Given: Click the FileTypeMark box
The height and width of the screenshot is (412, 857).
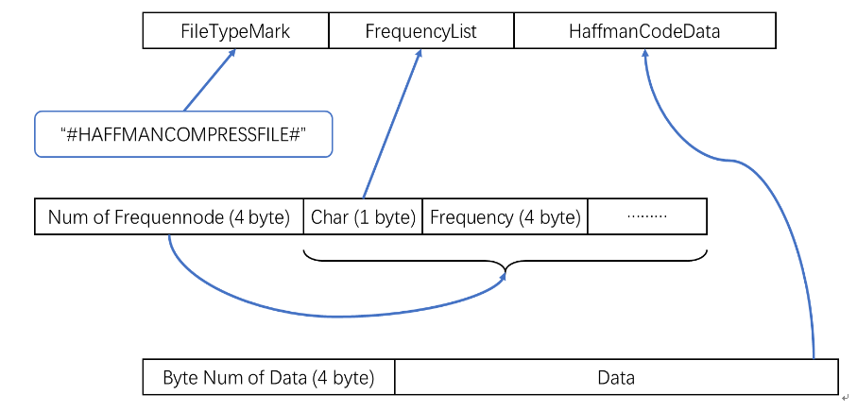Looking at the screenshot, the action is click(235, 31).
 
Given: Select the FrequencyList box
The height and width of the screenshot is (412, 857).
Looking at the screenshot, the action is click(420, 31).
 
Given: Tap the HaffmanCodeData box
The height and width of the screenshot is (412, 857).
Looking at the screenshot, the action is click(645, 31).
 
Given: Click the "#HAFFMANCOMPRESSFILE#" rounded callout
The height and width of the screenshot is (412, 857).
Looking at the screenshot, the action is click(183, 134).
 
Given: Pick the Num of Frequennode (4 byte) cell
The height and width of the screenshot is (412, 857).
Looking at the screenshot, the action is click(169, 217).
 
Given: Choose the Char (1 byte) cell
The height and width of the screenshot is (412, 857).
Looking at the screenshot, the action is click(363, 217).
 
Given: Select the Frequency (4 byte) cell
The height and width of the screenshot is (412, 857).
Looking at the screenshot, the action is click(505, 217).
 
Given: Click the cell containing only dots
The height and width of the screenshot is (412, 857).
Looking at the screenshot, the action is click(647, 217).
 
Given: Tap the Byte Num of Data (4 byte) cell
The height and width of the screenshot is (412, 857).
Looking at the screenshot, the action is click(268, 377).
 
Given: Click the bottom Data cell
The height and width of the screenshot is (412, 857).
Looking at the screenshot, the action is click(616, 377).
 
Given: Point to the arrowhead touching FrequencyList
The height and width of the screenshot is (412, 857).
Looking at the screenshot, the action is click(420, 53).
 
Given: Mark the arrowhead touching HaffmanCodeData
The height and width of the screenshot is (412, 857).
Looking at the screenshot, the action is click(645, 53).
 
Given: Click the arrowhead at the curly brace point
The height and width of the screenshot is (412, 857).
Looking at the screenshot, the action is click(502, 278).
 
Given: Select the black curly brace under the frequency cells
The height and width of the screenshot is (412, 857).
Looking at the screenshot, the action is click(505, 260).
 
